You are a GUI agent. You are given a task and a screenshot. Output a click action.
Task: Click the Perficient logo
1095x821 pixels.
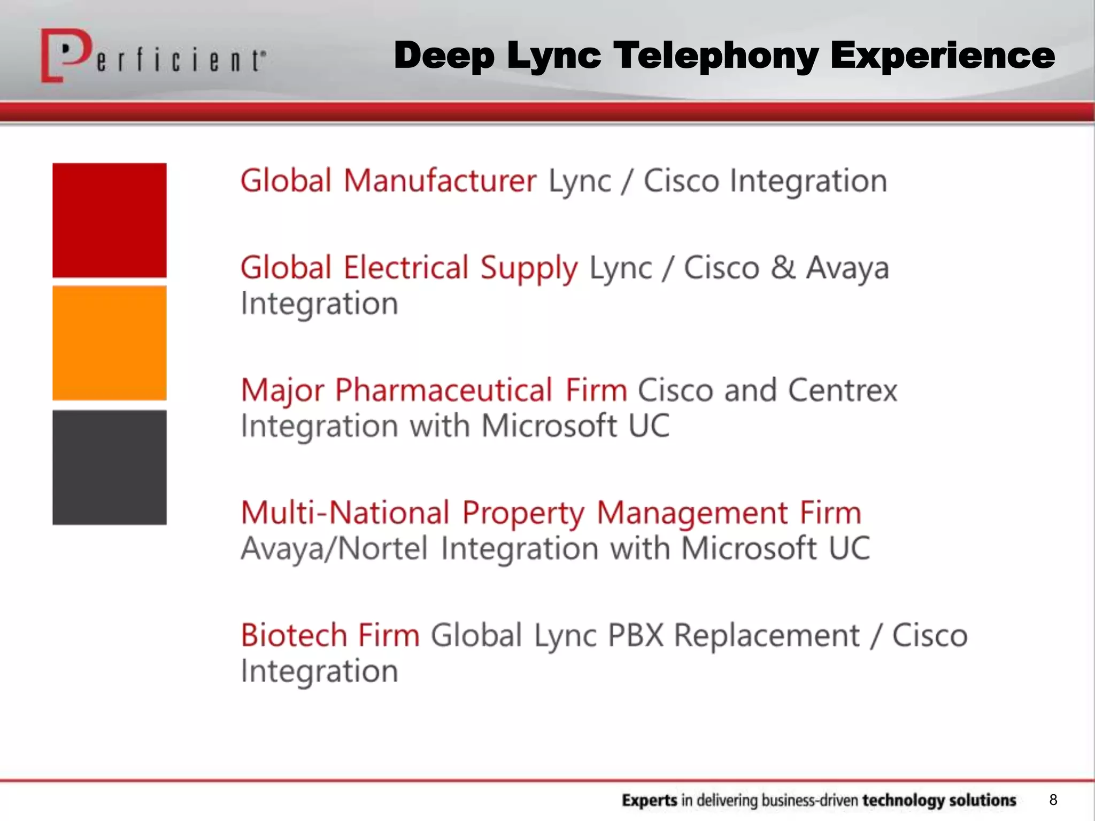tap(152, 57)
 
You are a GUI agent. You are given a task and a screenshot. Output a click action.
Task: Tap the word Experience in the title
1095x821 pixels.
tap(942, 56)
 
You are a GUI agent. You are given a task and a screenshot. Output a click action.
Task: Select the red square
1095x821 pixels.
tap(110, 220)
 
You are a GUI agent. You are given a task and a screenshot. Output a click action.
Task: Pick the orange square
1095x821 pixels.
tap(110, 343)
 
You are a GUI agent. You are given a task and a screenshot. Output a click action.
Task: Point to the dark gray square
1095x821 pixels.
tap(110, 467)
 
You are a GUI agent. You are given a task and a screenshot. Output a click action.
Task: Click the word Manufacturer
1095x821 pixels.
tap(439, 181)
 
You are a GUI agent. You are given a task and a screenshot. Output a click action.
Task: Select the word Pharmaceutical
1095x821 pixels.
tap(443, 390)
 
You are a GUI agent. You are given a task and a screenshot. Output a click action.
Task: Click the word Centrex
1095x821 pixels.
tap(842, 390)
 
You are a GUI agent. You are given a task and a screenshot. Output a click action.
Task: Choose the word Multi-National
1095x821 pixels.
tap(345, 513)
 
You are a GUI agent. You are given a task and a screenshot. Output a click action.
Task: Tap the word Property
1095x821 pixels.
tap(523, 514)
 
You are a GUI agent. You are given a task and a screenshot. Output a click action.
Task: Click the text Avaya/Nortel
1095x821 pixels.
tap(334, 548)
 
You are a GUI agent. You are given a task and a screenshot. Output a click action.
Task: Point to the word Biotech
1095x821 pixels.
tap(294, 635)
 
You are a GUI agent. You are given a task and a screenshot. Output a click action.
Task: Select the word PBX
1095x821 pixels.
tap(635, 635)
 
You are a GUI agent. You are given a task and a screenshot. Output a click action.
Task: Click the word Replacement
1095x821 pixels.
tap(766, 636)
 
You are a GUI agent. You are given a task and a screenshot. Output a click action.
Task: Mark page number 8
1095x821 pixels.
tap(1053, 800)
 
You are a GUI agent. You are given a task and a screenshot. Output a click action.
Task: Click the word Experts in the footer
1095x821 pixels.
tap(649, 800)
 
